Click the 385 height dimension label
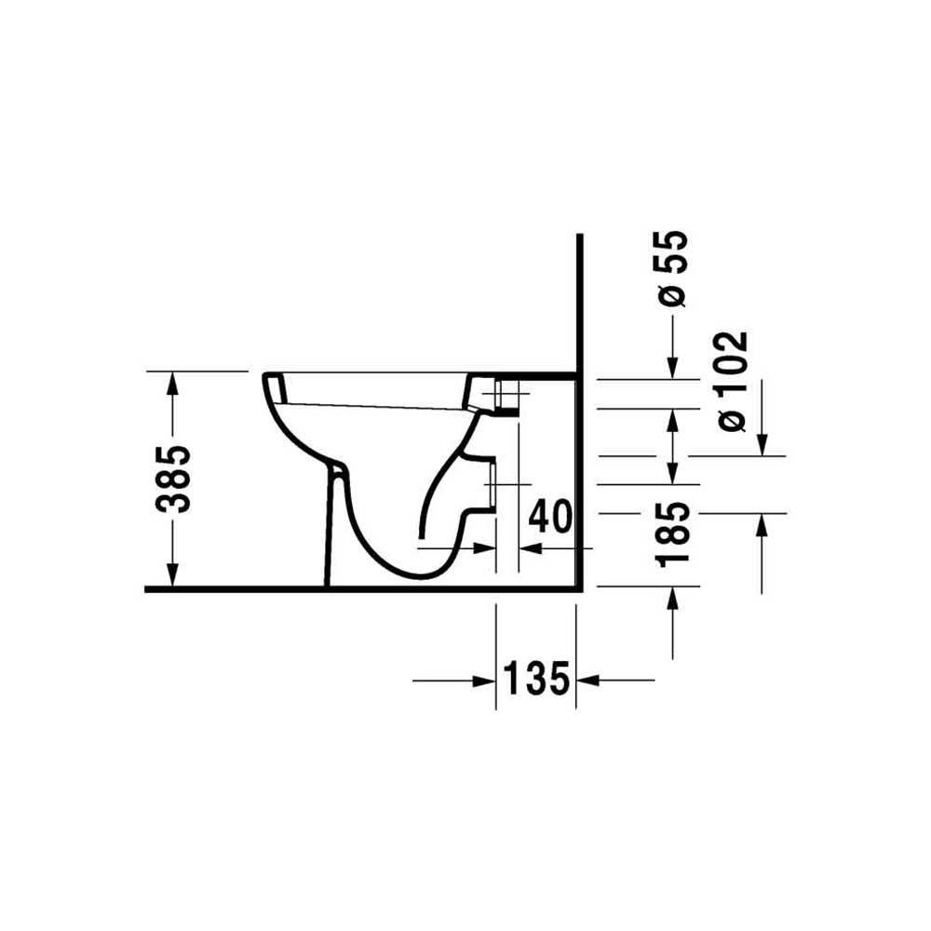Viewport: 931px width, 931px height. [x=173, y=479]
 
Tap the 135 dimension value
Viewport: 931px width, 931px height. [x=536, y=679]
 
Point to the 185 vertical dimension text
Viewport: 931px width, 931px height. [x=673, y=532]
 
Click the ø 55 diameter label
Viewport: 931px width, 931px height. [x=673, y=268]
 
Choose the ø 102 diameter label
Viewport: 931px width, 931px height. [x=732, y=381]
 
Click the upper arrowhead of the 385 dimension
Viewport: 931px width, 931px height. [x=172, y=383]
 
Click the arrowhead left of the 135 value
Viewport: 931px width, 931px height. [x=484, y=681]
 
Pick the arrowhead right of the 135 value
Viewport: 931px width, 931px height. [x=587, y=681]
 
